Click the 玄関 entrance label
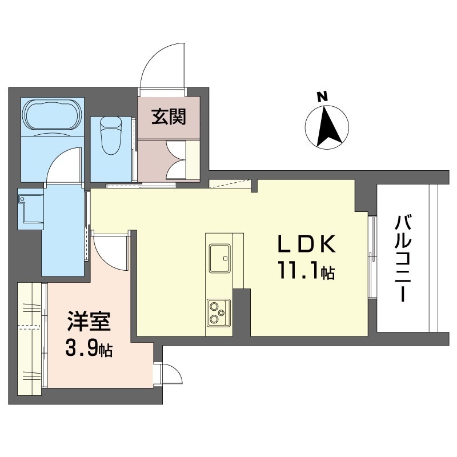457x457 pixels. pyautogui.click(x=169, y=117)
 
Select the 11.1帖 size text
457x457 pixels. pyautogui.click(x=306, y=271)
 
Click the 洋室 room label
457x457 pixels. pyautogui.click(x=89, y=321)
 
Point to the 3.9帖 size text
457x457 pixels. pyautogui.click(x=89, y=348)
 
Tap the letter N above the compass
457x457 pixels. pyautogui.click(x=322, y=97)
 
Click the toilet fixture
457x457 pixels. pyautogui.click(x=111, y=135)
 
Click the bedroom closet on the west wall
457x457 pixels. pyautogui.click(x=29, y=335)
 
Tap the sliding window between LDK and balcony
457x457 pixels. pyautogui.click(x=372, y=256)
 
